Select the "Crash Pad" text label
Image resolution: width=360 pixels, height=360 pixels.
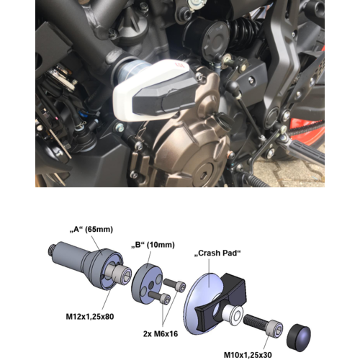tap(217, 254)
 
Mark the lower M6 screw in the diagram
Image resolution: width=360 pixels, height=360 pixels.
tap(164, 297)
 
